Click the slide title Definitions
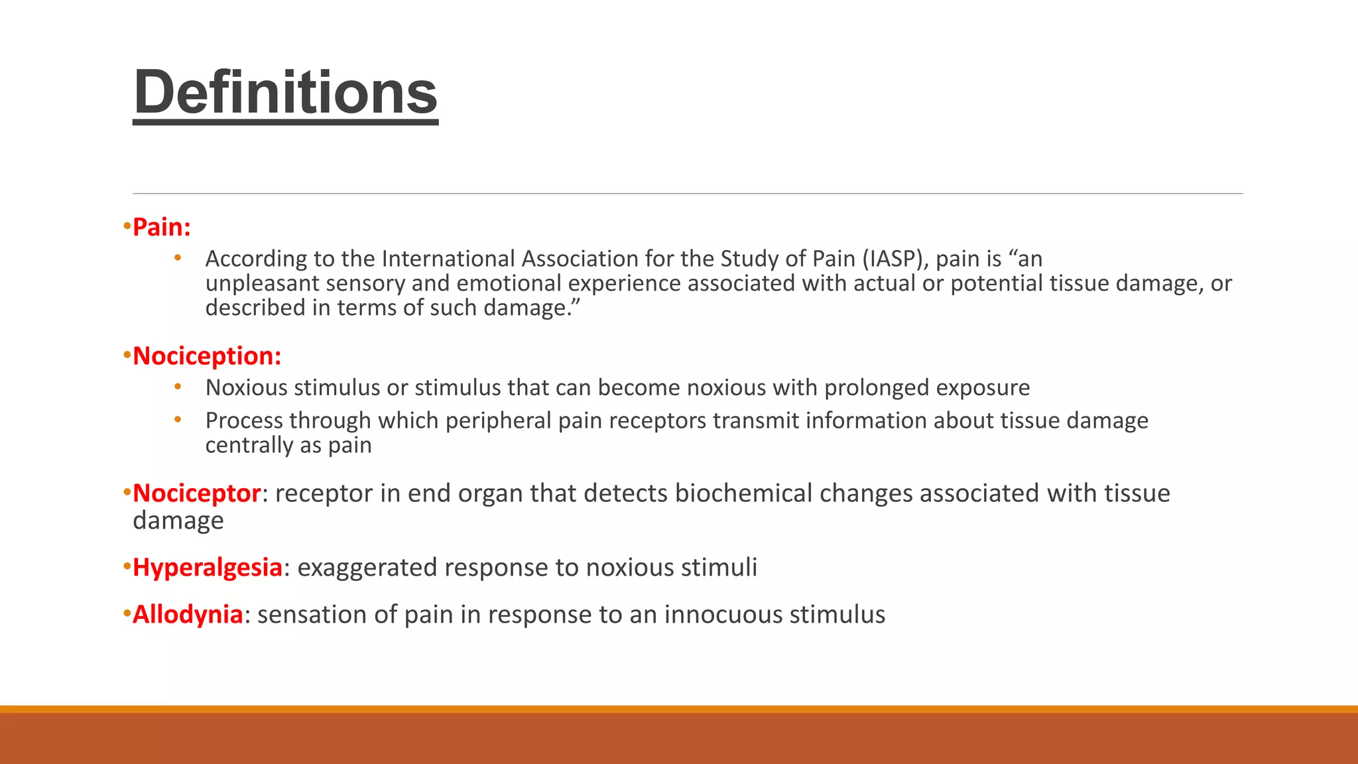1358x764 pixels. (285, 92)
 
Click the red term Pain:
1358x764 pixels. (162, 227)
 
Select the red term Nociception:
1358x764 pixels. (207, 356)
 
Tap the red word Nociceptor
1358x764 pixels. (196, 493)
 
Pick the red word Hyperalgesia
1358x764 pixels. (208, 568)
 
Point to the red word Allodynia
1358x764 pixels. (188, 615)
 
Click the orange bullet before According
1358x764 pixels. (178, 258)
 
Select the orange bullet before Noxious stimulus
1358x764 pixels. (178, 387)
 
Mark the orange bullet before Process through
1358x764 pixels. (178, 420)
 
